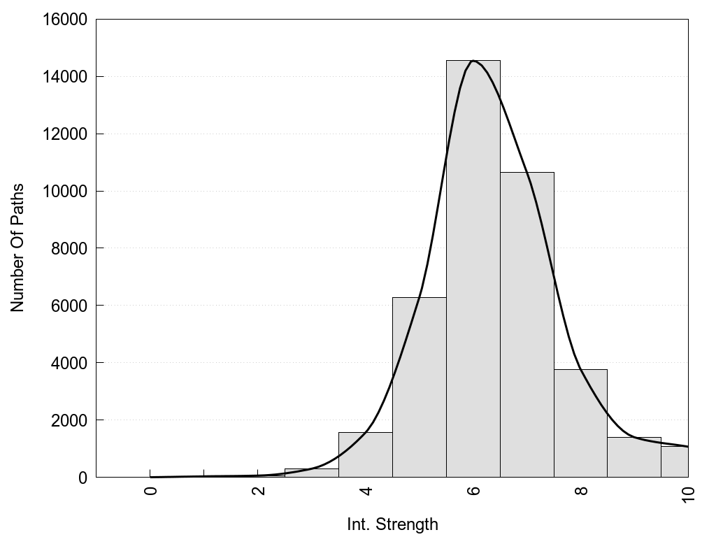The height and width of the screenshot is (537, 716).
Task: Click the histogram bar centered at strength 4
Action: pyautogui.click(x=366, y=455)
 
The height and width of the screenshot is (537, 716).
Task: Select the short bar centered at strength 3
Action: pyautogui.click(x=312, y=473)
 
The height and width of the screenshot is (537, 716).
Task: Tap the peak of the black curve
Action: pyautogui.click(x=473, y=61)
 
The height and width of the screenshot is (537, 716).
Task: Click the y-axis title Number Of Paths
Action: pyautogui.click(x=17, y=248)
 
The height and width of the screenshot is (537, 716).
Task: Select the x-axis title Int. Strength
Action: pyautogui.click(x=392, y=524)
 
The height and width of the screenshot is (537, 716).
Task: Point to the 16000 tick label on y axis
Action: pyautogui.click(x=65, y=20)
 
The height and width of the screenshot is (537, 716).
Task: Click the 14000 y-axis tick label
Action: pyautogui.click(x=65, y=77)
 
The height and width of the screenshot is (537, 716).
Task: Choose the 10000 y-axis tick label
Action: pyautogui.click(x=65, y=192)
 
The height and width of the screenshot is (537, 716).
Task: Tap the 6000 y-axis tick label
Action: pyautogui.click(x=69, y=306)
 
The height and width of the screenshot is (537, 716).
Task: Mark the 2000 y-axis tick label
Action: pyautogui.click(x=69, y=420)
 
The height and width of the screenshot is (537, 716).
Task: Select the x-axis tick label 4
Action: pyautogui.click(x=366, y=490)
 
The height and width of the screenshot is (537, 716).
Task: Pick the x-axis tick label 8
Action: pyautogui.click(x=581, y=490)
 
